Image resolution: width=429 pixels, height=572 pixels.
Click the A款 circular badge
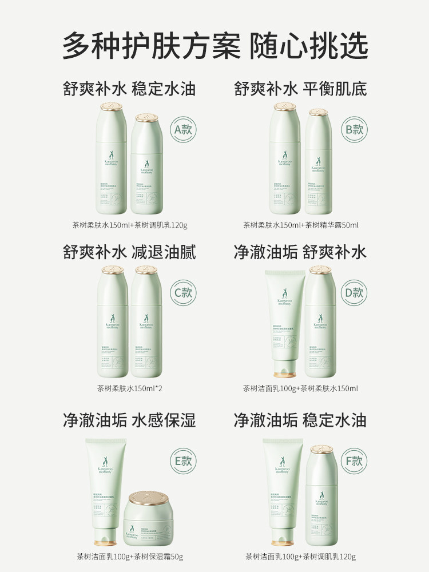click(x=184, y=129)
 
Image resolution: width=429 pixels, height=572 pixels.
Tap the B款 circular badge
click(x=354, y=129)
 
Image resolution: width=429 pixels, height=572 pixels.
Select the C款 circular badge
click(x=184, y=293)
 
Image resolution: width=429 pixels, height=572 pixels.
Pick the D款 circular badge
click(x=354, y=293)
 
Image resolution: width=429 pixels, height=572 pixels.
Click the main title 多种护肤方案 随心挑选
click(x=214, y=45)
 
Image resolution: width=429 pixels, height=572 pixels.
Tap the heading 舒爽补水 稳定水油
click(x=129, y=89)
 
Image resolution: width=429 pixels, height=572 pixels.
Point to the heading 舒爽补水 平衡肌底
click(x=300, y=89)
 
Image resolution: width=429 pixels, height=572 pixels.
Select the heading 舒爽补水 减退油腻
click(x=129, y=252)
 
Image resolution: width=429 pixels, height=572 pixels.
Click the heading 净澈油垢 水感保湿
click(x=129, y=420)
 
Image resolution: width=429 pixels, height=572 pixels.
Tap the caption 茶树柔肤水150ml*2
click(x=129, y=389)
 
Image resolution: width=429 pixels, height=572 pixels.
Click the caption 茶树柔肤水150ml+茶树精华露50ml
click(x=301, y=225)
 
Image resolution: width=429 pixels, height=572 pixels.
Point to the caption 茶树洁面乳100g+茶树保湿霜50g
click(x=130, y=557)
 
